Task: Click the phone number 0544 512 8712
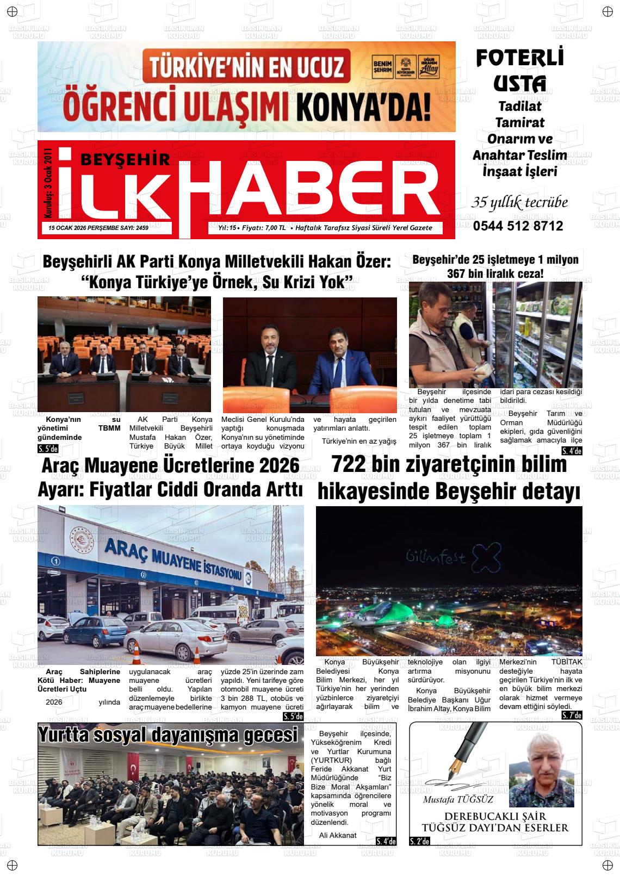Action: click(518, 226)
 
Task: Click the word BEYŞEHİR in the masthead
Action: click(125, 159)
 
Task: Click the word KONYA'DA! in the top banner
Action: click(364, 107)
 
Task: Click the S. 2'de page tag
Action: click(419, 841)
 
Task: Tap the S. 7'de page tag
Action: click(572, 715)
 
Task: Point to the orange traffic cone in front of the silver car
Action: click(137, 650)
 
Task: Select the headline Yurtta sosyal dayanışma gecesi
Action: click(169, 735)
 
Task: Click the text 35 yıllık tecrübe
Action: click(519, 202)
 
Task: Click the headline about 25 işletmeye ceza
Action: click(495, 266)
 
